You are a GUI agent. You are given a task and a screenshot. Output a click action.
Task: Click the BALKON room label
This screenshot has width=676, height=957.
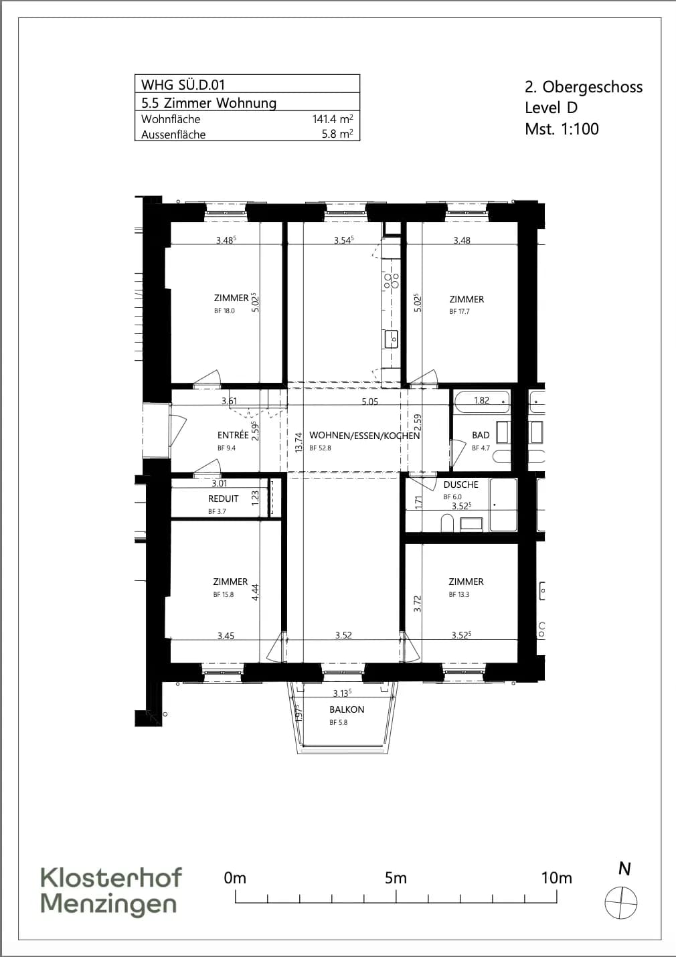(347, 709)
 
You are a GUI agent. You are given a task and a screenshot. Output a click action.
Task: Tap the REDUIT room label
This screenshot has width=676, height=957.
(223, 499)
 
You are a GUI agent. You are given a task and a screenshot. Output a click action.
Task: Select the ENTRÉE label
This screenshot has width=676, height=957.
(233, 435)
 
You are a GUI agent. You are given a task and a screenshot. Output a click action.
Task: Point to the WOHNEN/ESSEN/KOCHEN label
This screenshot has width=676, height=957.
(365, 436)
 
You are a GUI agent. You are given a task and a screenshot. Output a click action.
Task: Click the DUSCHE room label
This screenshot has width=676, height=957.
(460, 485)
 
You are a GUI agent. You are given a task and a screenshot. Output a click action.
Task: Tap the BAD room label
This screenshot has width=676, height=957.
(481, 435)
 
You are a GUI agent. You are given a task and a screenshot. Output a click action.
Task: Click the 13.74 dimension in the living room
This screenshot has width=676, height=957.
(299, 442)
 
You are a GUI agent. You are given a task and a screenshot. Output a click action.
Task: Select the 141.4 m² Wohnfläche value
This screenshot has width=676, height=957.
(333, 118)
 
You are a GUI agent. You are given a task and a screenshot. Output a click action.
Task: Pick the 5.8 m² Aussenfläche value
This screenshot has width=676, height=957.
(337, 134)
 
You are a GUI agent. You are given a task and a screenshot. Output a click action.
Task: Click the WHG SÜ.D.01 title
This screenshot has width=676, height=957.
(183, 84)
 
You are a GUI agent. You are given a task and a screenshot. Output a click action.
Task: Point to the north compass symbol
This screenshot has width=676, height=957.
(620, 902)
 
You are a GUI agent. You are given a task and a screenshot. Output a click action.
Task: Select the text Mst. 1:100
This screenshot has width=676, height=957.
(562, 128)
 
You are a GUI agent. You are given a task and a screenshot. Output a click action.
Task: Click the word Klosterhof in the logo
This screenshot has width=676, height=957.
(111, 877)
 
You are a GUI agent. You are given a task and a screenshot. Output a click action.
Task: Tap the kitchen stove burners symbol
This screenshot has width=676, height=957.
(392, 280)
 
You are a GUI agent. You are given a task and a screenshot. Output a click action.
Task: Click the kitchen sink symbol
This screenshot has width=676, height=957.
(392, 339)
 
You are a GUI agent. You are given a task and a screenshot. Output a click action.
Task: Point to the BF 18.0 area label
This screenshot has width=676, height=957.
(224, 311)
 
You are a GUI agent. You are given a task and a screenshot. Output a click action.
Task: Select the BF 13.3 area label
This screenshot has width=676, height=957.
(459, 594)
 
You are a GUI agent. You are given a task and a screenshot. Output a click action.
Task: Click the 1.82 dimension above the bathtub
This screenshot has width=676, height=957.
(482, 400)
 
